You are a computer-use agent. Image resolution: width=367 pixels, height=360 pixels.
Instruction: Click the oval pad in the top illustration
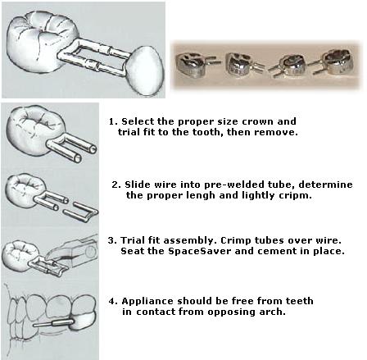[146, 71]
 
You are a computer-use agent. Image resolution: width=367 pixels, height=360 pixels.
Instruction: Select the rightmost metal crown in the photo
[335, 62]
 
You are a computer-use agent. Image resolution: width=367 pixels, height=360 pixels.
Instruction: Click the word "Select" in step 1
[134, 121]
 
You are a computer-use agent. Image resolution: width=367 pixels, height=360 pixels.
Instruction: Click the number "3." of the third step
[112, 240]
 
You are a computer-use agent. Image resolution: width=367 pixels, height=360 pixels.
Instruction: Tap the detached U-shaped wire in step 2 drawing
[80, 212]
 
